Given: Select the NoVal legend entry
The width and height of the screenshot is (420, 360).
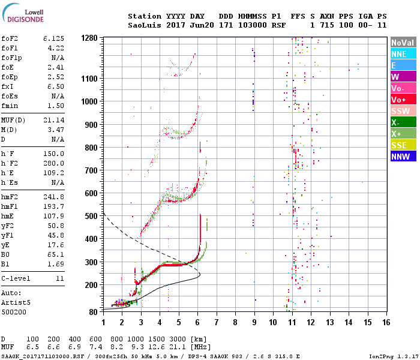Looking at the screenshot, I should click(x=403, y=43).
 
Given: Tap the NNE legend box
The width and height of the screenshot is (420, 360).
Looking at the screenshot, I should click(x=403, y=54).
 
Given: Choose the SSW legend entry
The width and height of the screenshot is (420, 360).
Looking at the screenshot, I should click(x=403, y=111).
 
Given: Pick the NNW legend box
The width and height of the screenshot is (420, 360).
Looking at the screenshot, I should click(x=403, y=157).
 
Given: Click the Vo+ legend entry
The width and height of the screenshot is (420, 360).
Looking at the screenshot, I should click(x=403, y=100).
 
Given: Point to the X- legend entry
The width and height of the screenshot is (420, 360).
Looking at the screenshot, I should click(x=403, y=122).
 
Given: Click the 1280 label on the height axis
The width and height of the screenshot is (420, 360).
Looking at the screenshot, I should click(x=89, y=38).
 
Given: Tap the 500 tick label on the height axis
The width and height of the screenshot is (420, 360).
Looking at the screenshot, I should click(x=92, y=216).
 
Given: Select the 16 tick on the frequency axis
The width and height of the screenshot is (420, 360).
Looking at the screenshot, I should click(x=385, y=323).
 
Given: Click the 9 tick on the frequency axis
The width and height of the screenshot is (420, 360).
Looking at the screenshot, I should click(x=254, y=323).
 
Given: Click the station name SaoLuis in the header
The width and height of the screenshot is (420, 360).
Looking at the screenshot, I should click(x=145, y=25).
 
